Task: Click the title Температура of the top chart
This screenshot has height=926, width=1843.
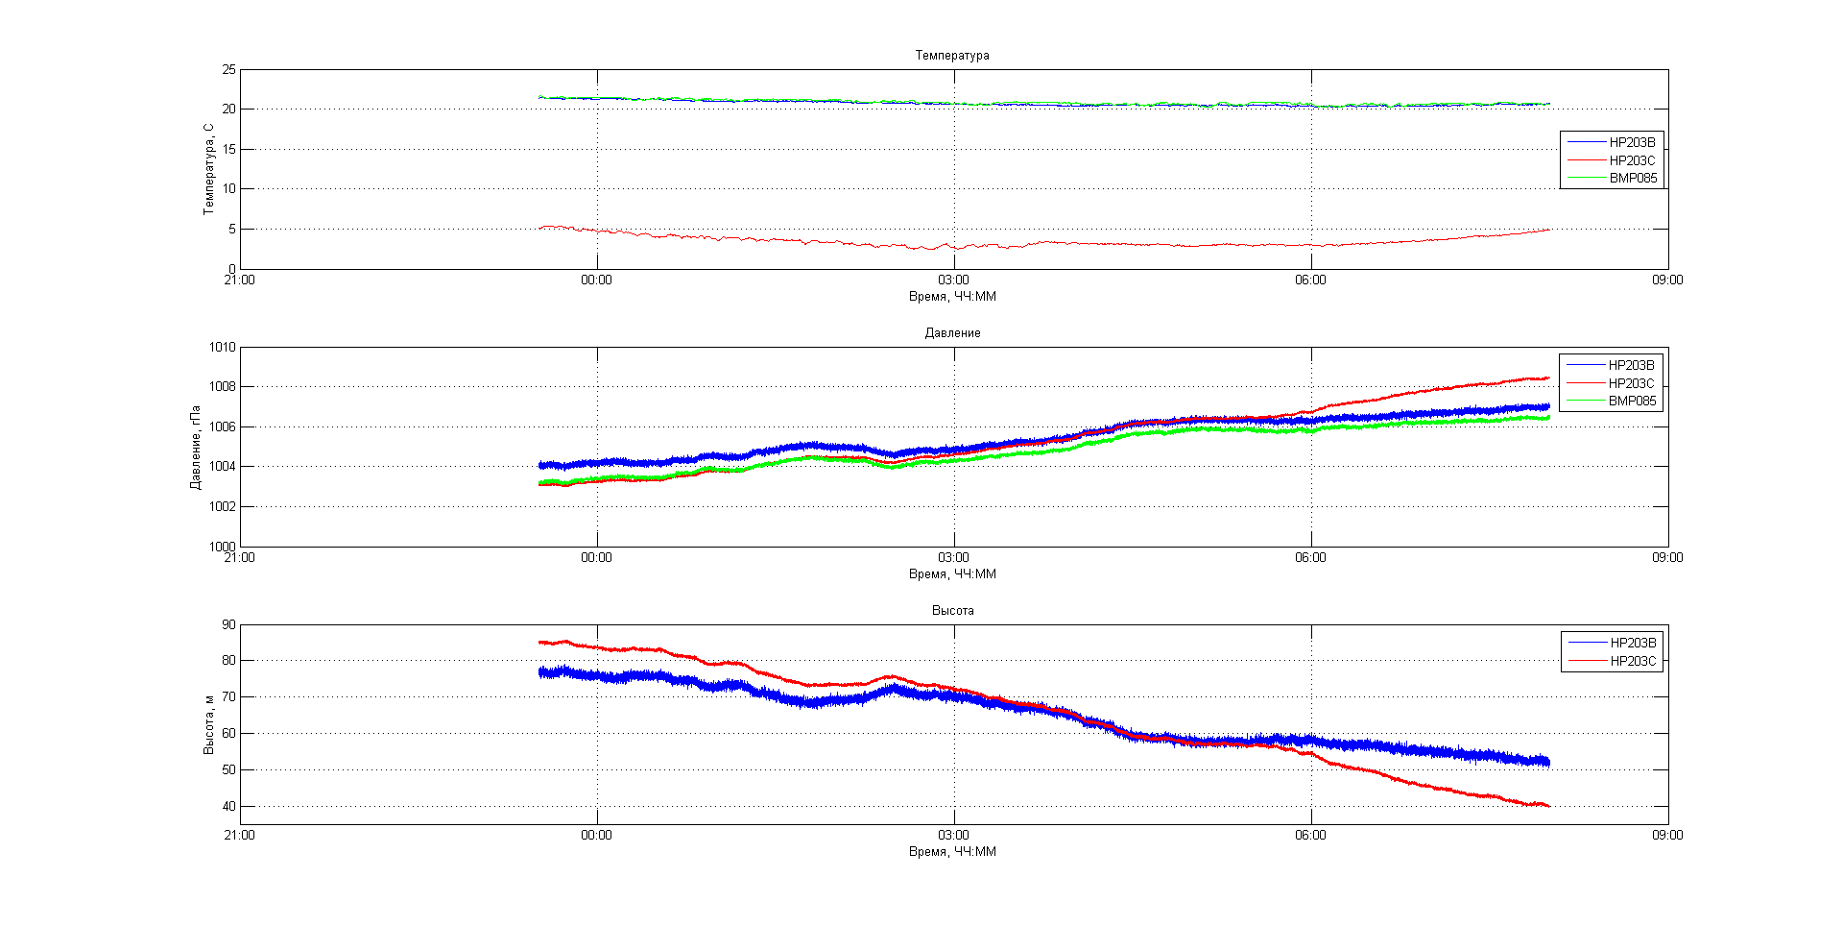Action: tap(952, 56)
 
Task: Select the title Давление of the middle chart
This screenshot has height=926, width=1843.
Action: tap(952, 333)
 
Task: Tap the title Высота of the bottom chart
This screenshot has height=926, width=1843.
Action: tap(952, 611)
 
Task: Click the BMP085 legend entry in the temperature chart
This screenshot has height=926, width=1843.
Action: tap(1633, 178)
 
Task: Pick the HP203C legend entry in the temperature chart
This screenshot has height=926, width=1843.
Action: tap(1632, 160)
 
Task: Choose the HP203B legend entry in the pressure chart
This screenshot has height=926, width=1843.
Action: tap(1631, 365)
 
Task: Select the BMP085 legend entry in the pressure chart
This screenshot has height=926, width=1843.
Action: tap(1632, 401)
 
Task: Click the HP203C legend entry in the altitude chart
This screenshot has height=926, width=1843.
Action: tap(1633, 661)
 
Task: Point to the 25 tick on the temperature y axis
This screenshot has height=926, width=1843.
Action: tap(228, 70)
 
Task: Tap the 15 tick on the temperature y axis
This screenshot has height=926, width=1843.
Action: tap(228, 150)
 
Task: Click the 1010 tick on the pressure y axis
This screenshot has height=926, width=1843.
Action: tap(223, 348)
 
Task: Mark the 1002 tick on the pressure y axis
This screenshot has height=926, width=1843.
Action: tap(223, 507)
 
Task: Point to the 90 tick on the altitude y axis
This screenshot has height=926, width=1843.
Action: tap(228, 625)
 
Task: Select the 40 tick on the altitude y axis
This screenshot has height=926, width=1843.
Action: tap(228, 807)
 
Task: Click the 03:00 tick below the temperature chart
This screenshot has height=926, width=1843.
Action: tap(953, 280)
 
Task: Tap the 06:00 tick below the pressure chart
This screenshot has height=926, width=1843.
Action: tap(1310, 558)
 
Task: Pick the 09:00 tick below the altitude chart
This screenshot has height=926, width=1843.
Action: tap(1667, 836)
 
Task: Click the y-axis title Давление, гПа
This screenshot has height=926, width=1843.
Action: tap(196, 448)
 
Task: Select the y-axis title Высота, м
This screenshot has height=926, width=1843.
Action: tap(208, 724)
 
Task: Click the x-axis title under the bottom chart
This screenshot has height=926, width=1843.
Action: tap(952, 852)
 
